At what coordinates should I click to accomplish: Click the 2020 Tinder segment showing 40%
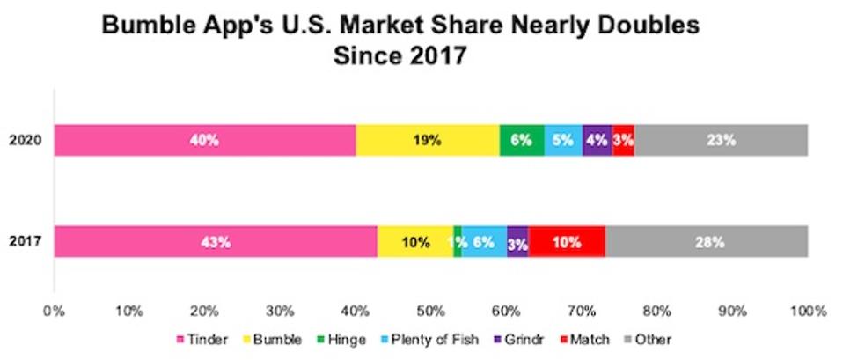coord(204,140)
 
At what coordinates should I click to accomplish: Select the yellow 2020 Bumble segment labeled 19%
coord(428,140)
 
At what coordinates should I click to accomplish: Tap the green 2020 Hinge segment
coord(522,140)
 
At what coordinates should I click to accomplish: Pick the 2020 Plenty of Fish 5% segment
coord(563,140)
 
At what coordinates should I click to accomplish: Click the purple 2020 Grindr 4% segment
coord(597,140)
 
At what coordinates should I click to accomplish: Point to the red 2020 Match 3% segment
coord(623,140)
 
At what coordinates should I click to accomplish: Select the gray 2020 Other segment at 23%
coord(720,140)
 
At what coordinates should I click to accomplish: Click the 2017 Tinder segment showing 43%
coord(216,241)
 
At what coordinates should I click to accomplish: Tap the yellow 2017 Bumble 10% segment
coord(415,241)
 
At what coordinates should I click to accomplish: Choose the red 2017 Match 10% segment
coord(567,241)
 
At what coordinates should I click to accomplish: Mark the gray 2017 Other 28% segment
coord(706,241)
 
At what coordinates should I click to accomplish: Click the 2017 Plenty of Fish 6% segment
coord(484,241)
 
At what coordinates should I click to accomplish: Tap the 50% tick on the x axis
coord(431,311)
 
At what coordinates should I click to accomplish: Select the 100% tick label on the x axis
coord(807,311)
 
